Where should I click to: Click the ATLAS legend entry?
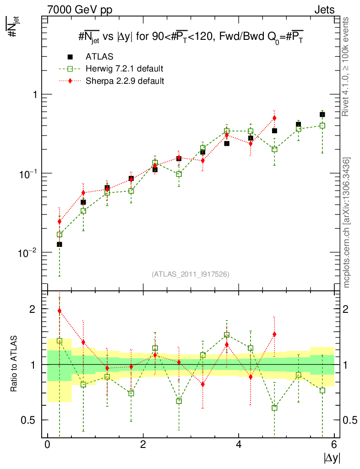pos(99,57)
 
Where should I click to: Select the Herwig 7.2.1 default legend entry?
pos(124,69)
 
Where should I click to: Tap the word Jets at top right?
pos(324,10)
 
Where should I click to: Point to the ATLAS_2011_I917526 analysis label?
pos(191,274)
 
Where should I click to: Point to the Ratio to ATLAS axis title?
pos(14,364)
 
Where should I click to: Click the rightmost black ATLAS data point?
pos(322,115)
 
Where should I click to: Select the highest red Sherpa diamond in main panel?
pos(274,118)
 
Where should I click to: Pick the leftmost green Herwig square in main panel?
pos(60,234)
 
